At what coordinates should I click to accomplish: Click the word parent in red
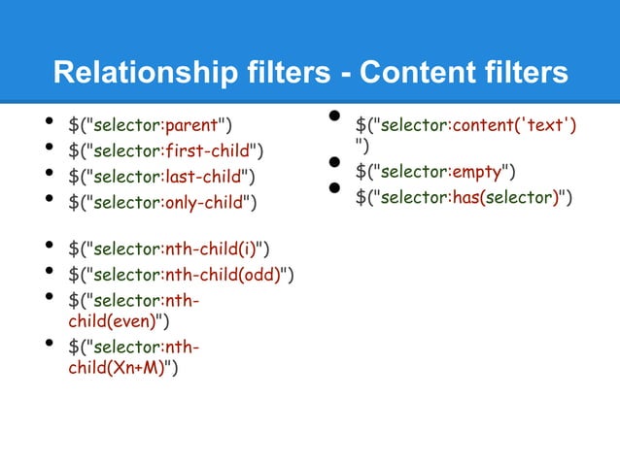pyautogui.click(x=191, y=124)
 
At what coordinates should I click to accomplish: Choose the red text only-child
pyautogui.click(x=206, y=202)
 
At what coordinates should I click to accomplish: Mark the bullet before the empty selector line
pyautogui.click(x=333, y=165)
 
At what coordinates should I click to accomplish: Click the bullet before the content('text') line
pyautogui.click(x=333, y=117)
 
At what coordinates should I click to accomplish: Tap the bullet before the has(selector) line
pyautogui.click(x=333, y=189)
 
